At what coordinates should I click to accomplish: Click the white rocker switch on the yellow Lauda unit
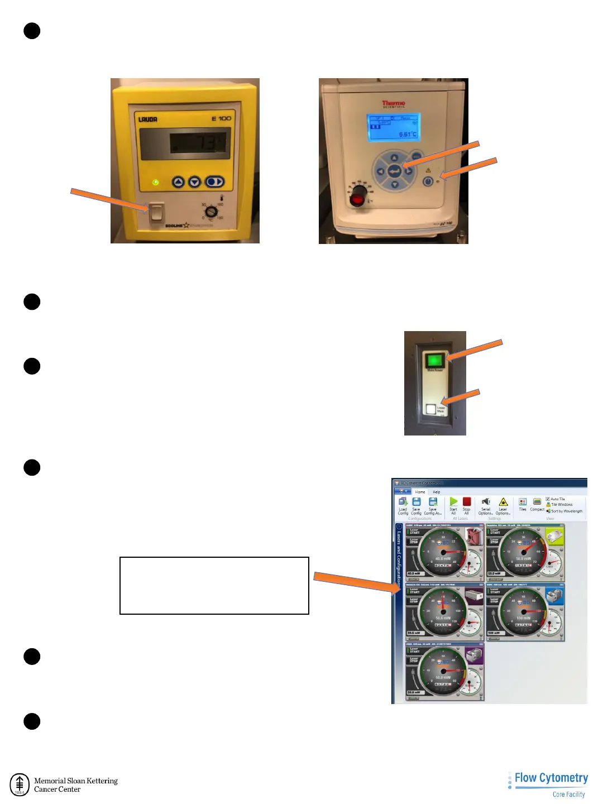[157, 212]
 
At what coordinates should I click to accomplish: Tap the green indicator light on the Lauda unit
[156, 182]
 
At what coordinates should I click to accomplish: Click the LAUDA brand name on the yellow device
[148, 119]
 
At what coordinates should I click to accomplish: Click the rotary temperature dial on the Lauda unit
[211, 212]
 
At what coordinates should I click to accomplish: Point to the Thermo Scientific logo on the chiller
[394, 104]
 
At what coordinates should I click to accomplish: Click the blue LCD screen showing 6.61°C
[393, 128]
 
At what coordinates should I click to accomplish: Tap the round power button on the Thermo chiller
[428, 181]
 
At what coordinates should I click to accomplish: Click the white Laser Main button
[430, 409]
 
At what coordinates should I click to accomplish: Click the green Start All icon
[453, 502]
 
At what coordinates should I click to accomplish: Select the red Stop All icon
[467, 502]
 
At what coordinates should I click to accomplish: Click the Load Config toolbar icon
[403, 502]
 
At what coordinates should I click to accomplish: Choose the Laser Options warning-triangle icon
[503, 502]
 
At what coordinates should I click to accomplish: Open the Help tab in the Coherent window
[437, 492]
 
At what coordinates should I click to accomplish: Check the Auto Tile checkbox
[548, 499]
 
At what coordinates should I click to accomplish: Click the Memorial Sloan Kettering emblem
[20, 784]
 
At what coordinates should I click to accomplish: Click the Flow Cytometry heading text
[551, 778]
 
